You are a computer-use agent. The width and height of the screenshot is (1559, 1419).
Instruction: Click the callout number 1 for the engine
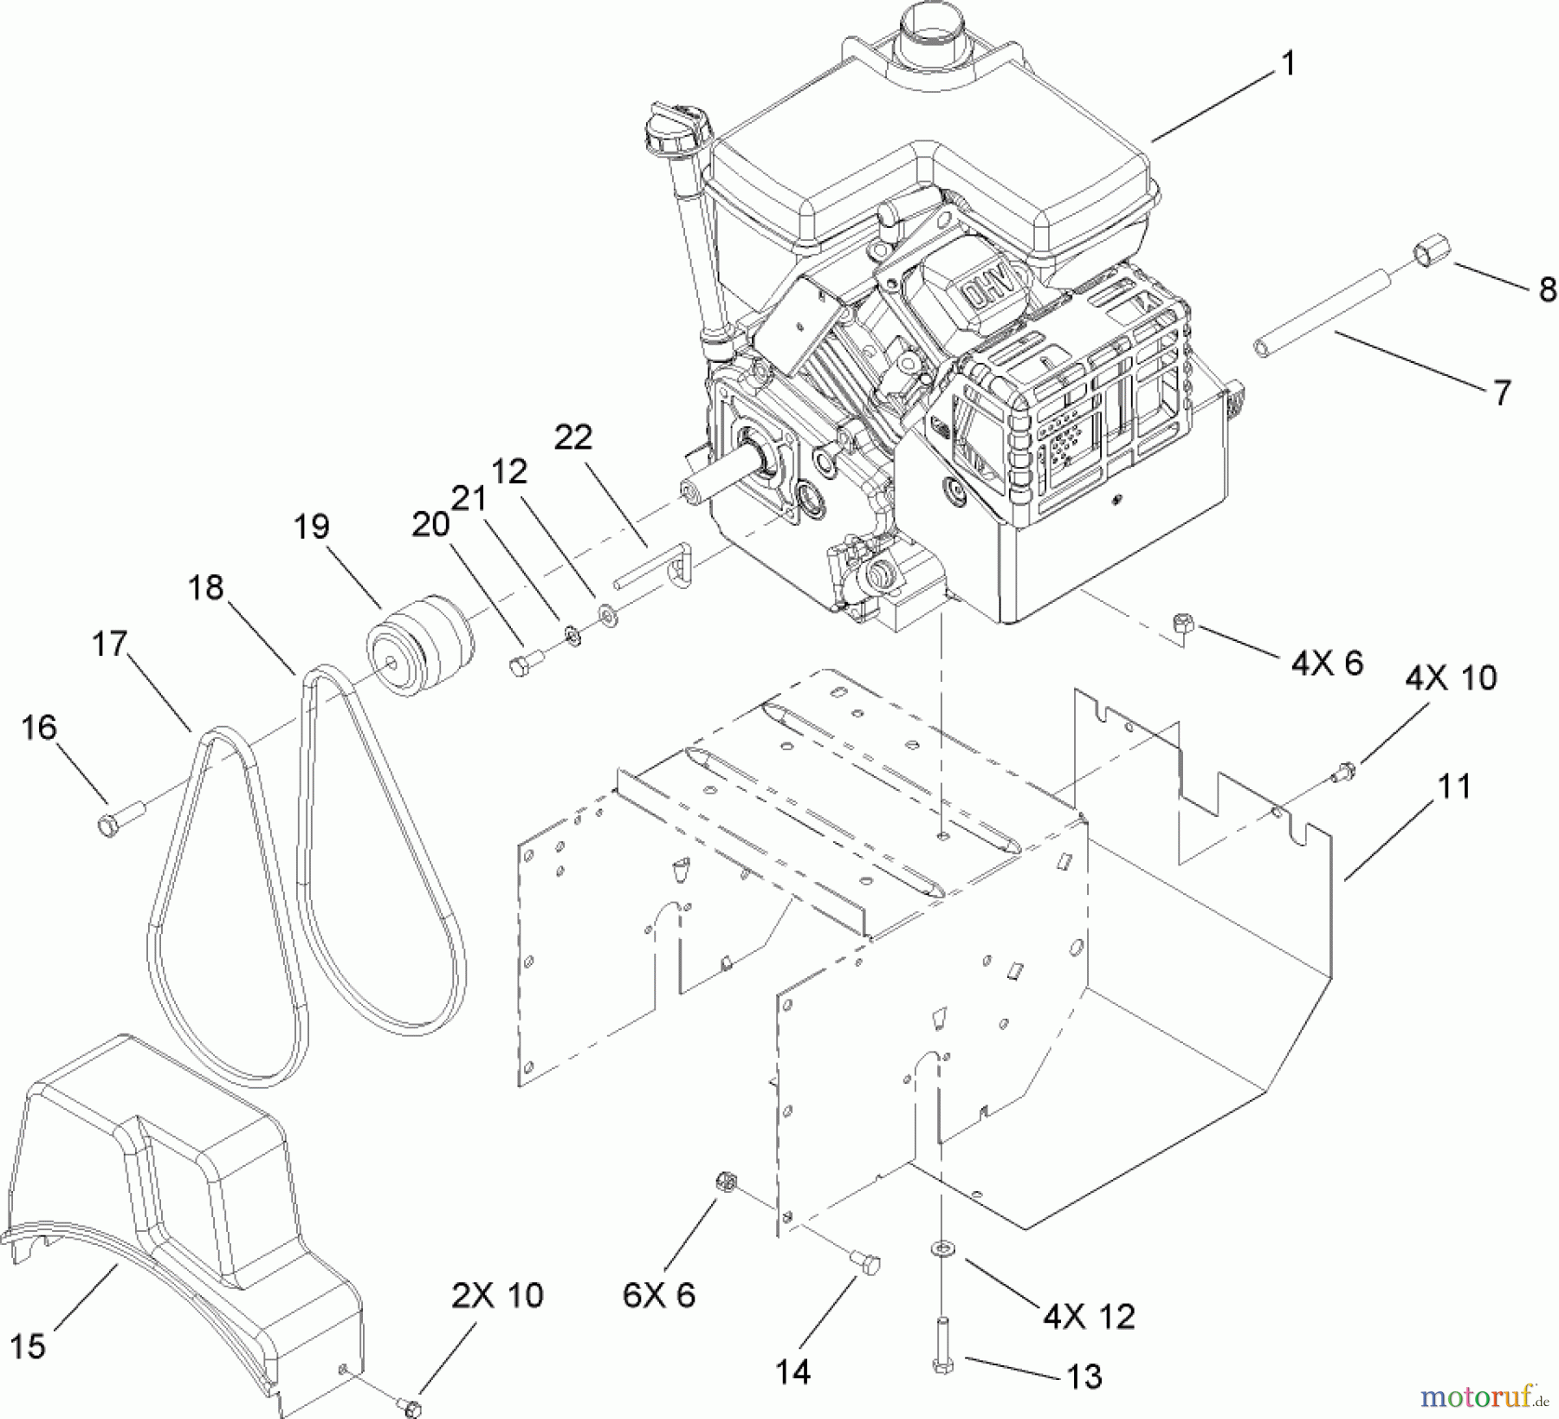1288,63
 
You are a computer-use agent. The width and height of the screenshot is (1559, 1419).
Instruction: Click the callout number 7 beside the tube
1503,392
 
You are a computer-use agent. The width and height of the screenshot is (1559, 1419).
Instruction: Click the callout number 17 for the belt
110,644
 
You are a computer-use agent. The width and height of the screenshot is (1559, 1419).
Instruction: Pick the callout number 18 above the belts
205,588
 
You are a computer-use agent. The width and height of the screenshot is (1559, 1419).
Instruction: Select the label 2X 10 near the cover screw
496,1295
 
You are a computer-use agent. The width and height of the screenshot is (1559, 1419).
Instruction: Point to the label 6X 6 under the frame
658,1295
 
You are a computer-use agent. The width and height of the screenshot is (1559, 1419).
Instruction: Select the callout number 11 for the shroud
1454,787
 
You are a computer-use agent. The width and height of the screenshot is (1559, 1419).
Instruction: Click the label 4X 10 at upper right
1451,677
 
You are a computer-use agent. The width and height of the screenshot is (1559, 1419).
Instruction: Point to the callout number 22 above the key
573,437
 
